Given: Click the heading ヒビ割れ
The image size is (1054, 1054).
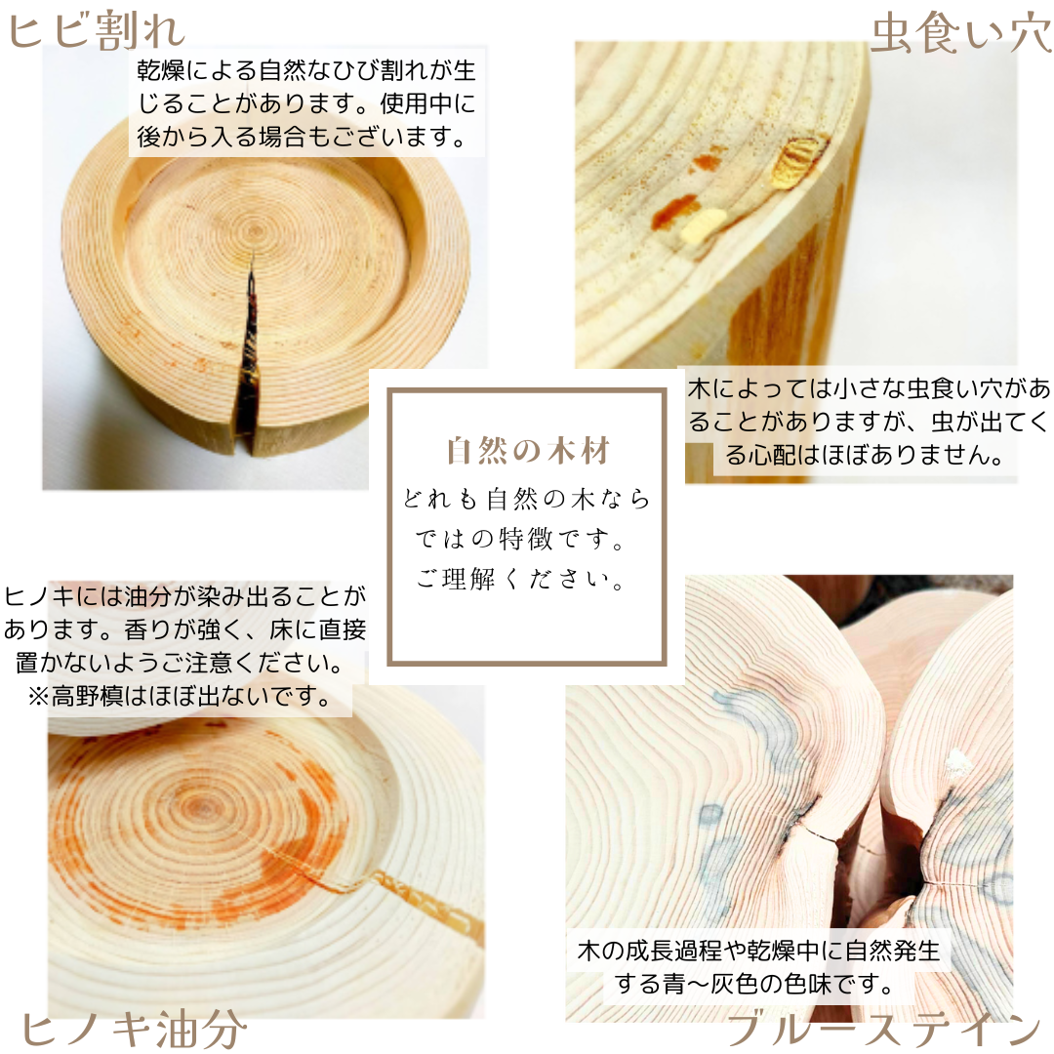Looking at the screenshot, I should (96, 29).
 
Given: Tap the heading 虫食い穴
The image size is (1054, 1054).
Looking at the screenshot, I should (960, 32).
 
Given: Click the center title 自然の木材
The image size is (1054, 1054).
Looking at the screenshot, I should (528, 452).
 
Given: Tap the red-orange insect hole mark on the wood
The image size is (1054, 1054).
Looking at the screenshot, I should (673, 210).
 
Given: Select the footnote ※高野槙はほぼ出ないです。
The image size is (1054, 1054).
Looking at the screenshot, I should (177, 697).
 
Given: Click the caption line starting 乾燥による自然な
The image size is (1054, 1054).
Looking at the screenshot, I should (306, 71).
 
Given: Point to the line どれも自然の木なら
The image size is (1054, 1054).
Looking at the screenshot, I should (527, 499).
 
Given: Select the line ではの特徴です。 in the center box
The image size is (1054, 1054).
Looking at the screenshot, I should (523, 539).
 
